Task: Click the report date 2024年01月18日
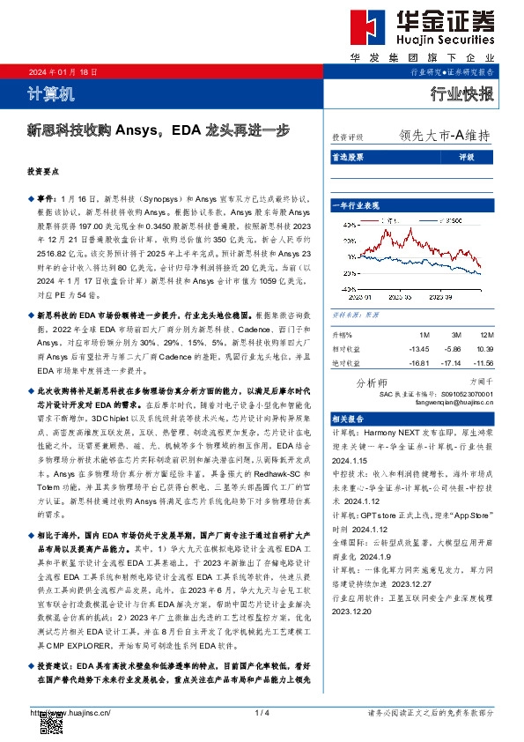pyautogui.click(x=63, y=72)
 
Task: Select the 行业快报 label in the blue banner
pyautogui.click(x=461, y=93)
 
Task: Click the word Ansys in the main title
pyautogui.click(x=137, y=130)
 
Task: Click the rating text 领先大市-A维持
pyautogui.click(x=444, y=137)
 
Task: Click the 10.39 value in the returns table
pyautogui.click(x=483, y=349)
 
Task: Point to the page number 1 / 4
pyautogui.click(x=262, y=712)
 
